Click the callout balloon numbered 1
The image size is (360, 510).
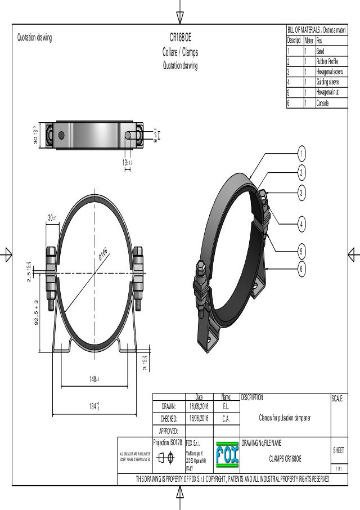pyautogui.click(x=301, y=153)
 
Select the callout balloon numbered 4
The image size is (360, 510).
pyautogui.click(x=301, y=224)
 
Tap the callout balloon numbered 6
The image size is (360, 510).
pyautogui.click(x=301, y=269)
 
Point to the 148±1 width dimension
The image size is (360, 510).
pyautogui.click(x=94, y=379)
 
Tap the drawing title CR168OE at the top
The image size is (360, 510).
pyautogui.click(x=181, y=38)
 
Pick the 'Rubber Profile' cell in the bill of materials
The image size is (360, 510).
pyautogui.click(x=329, y=61)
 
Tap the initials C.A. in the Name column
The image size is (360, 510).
pyautogui.click(x=226, y=418)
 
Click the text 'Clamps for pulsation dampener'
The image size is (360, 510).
pyautogui.click(x=285, y=418)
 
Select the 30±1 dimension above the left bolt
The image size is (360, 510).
pyautogui.click(x=52, y=218)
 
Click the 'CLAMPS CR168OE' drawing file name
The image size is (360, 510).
pyautogui.click(x=285, y=459)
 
